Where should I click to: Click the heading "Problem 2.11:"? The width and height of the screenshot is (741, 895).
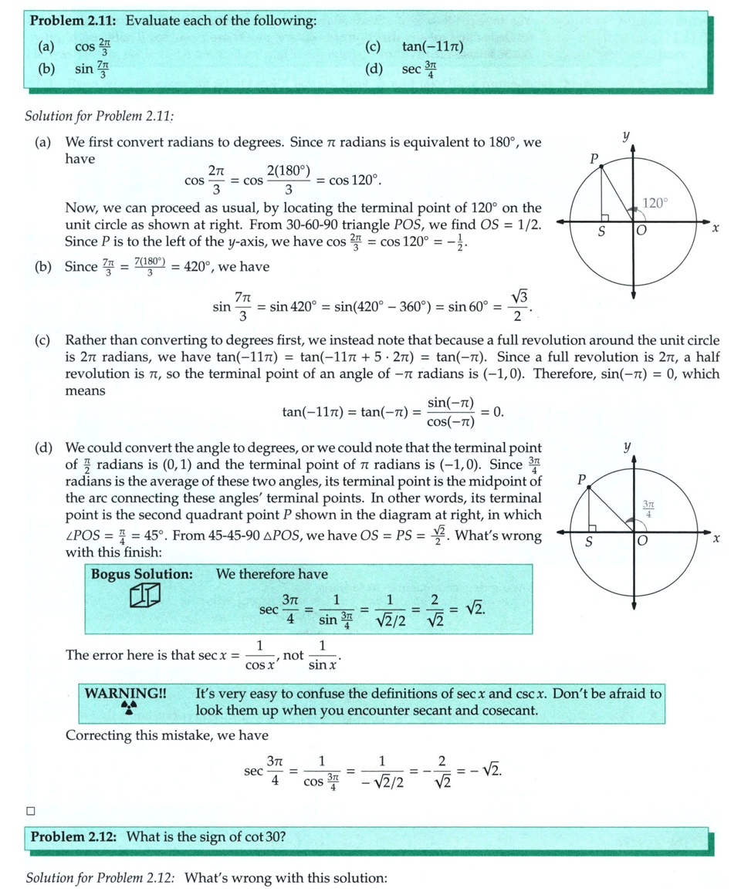(75, 21)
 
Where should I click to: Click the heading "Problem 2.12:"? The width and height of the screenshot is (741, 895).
(75, 836)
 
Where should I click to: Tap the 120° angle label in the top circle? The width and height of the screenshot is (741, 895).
(655, 203)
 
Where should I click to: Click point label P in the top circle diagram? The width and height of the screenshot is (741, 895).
(594, 160)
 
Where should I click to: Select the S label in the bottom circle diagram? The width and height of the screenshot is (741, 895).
(589, 542)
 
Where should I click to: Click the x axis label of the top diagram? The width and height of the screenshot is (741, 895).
(716, 228)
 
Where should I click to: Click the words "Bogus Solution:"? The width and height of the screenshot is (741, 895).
(141, 574)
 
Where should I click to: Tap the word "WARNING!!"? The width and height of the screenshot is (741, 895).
(125, 693)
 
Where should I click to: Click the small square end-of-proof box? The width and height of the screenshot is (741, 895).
(31, 810)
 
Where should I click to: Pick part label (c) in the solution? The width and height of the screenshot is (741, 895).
(43, 339)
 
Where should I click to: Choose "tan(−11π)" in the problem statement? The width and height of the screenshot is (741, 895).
(432, 48)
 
